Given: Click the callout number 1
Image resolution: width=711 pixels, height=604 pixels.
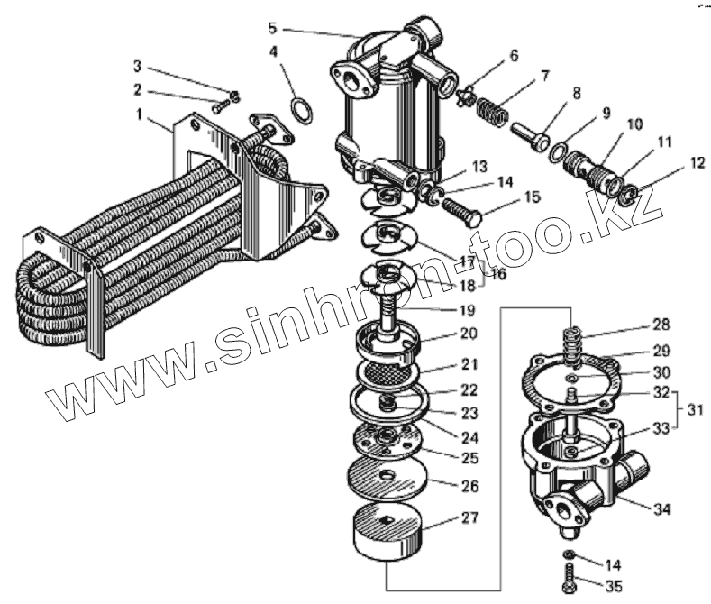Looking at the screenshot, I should [140, 114].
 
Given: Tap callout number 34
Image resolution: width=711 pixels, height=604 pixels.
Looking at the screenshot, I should [662, 510].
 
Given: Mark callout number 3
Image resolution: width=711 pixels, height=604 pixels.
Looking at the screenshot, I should [137, 66].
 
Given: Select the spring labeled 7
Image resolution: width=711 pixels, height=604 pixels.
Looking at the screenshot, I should [489, 115].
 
